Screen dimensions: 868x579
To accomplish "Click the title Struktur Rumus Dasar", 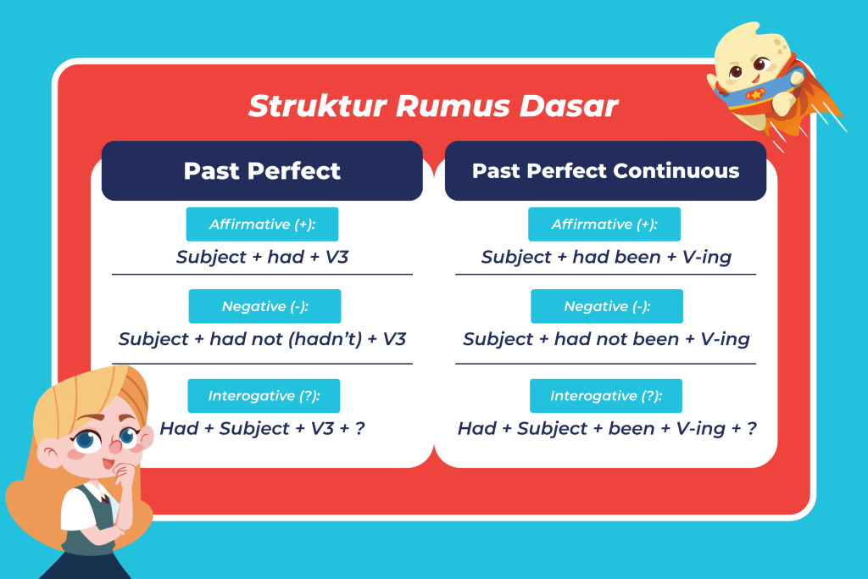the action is point(433,106).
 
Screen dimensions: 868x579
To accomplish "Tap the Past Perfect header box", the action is point(262,170).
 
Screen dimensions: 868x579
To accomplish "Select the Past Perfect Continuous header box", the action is point(605,170).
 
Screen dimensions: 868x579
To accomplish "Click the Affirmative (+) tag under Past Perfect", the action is point(262,224).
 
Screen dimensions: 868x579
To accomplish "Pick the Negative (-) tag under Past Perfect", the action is point(264,306).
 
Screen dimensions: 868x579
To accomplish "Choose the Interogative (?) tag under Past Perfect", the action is point(264,396).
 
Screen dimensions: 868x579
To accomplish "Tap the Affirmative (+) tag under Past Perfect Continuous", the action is point(604,224).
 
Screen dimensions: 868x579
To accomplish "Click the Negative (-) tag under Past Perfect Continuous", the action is point(607,306).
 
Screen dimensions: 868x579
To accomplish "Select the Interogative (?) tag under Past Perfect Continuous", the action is point(605,396).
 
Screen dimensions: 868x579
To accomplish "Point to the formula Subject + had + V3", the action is point(263,258).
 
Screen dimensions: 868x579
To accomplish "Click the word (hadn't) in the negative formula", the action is point(325,339).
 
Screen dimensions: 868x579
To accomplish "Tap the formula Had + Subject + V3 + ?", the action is point(263,428).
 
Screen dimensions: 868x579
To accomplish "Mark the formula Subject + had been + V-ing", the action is point(606,258).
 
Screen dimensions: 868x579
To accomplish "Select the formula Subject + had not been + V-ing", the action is point(606,339).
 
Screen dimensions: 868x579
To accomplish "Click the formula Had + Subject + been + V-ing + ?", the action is point(607,428).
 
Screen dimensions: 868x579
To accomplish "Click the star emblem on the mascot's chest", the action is point(755,94).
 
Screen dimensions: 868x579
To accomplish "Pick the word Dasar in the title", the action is point(569,106).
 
